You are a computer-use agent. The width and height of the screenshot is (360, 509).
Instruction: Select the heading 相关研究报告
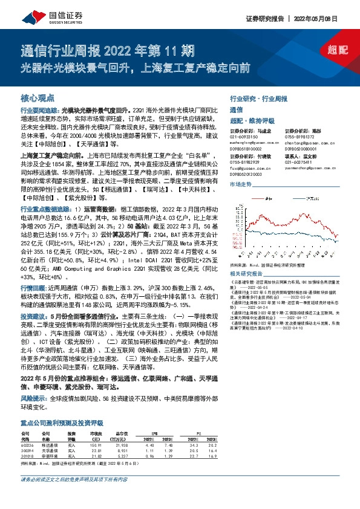tap(249, 273)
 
